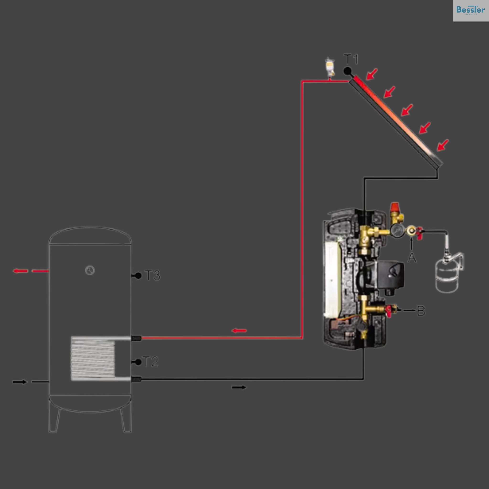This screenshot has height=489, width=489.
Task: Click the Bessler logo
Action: [471, 10]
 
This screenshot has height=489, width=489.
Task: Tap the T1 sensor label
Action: [351, 59]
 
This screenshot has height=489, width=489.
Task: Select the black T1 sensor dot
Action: [347, 71]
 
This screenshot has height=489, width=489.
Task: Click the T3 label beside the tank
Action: [152, 275]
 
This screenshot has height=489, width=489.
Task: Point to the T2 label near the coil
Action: [151, 361]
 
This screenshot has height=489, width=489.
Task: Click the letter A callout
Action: [412, 258]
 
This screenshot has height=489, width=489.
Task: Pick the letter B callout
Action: [421, 311]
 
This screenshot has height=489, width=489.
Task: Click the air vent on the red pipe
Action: [330, 67]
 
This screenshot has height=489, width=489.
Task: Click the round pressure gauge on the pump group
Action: [397, 230]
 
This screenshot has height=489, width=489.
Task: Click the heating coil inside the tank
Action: [93, 358]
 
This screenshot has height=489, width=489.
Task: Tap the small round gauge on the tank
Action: [90, 270]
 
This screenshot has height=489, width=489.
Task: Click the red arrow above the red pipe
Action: [239, 330]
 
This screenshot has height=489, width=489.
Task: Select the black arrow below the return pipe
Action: [239, 387]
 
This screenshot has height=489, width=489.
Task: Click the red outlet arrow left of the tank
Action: [20, 271]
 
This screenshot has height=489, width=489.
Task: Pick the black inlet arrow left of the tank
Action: [20, 382]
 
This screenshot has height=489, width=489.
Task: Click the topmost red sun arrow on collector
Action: [372, 74]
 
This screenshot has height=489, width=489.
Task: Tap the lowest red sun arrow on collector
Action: [443, 145]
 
